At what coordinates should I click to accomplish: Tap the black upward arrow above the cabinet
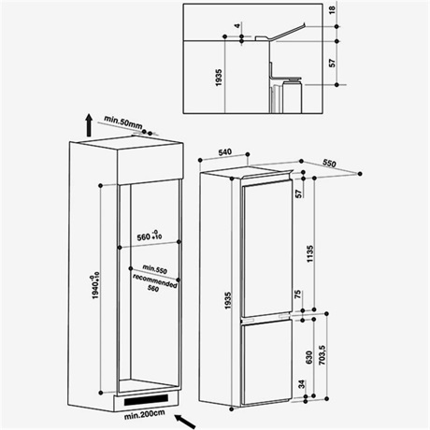[x=89, y=125]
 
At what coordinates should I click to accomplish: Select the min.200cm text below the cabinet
[x=144, y=414]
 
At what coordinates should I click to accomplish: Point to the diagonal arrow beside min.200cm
[x=185, y=422]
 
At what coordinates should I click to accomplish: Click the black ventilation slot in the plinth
[x=146, y=400]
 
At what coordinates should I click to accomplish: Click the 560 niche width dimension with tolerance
[x=150, y=236]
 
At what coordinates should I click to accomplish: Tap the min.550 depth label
[x=154, y=269]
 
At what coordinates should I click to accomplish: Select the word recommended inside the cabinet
[x=154, y=280]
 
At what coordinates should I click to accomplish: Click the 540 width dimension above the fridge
[x=225, y=152]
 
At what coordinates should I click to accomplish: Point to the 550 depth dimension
[x=329, y=163]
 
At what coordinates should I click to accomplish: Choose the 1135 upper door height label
[x=310, y=254]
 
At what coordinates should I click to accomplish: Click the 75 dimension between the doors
[x=298, y=294]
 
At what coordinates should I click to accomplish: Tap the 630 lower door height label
[x=309, y=357]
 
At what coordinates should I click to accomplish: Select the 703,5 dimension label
[x=322, y=355]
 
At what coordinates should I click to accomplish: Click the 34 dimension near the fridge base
[x=302, y=384]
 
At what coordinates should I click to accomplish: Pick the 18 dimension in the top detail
[x=333, y=9]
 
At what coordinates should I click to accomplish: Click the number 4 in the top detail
[x=238, y=26]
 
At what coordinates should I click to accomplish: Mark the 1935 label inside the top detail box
[x=219, y=78]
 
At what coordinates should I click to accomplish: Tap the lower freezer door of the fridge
[x=266, y=363]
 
